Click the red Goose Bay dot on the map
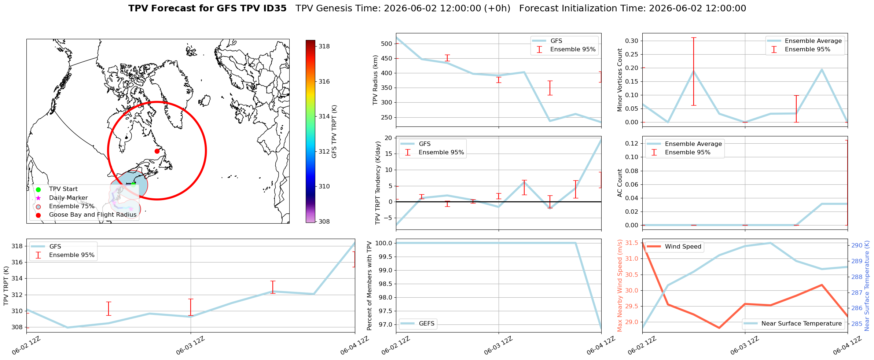pos(157,151)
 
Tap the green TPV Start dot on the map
pos(133,184)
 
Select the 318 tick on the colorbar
pos(324,47)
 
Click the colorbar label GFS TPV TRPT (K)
pos(334,132)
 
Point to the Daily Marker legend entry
pos(63,198)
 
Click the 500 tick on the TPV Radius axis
pos(387,44)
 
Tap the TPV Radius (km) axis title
pos(375,80)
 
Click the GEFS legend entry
pos(418,324)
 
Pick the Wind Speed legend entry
pos(674,247)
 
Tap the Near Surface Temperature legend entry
pos(794,324)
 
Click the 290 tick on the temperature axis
pos(856,246)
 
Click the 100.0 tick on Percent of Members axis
pos(385,243)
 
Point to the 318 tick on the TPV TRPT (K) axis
pos(17,246)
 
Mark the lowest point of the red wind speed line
pos(719,328)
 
